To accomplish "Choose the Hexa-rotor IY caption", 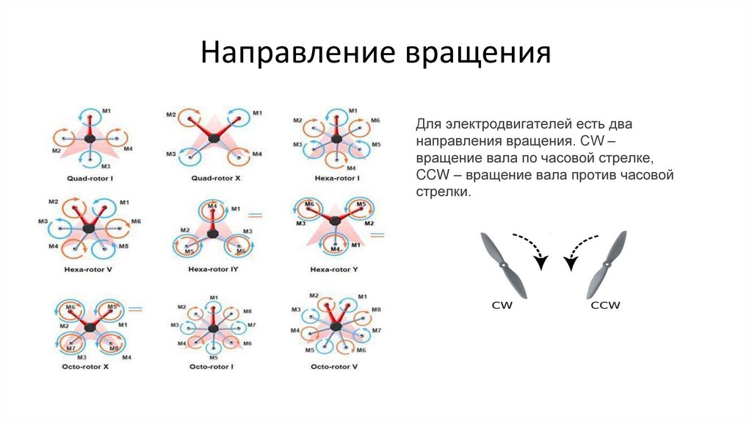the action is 213,271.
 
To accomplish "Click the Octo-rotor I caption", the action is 211,365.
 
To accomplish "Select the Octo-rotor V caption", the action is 334,365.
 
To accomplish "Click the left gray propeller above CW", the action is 503,264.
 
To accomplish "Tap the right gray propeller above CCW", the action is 607,264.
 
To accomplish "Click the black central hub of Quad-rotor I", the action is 90,137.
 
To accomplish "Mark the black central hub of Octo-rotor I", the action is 213,326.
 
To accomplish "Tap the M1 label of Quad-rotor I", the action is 106,111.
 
